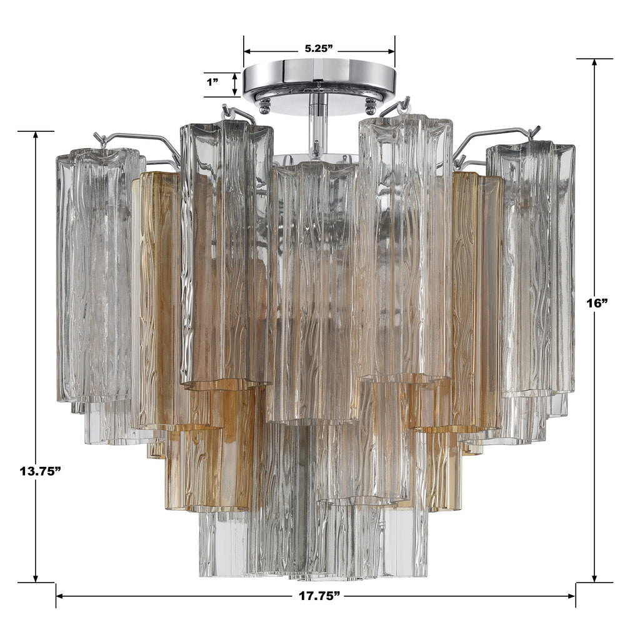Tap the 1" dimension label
pos(212,82)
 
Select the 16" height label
pos(597,302)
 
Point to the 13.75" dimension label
pos(39,471)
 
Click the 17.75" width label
pos(319,596)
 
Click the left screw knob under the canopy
pos(265,106)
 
